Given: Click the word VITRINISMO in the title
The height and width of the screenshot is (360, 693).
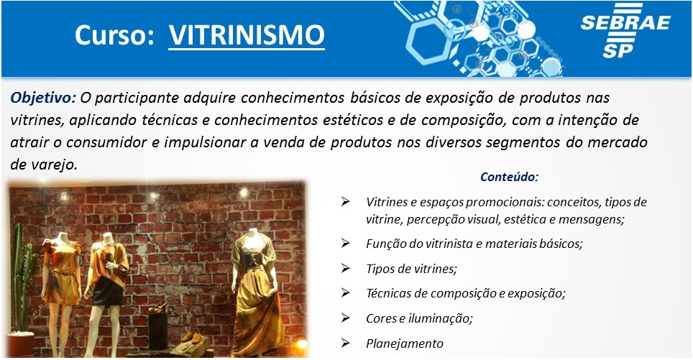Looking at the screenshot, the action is [x=247, y=35].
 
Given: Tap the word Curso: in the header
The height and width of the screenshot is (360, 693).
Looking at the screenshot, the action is [x=114, y=35].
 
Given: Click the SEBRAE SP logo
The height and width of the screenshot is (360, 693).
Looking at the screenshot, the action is [x=625, y=30].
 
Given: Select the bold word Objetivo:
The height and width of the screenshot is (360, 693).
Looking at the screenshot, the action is [x=43, y=98].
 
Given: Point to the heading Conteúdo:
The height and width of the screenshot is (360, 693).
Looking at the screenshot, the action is [x=509, y=177].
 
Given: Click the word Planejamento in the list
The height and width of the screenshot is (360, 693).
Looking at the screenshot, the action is [x=405, y=343].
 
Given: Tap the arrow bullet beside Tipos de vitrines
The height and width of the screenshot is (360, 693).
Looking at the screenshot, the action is [x=345, y=268].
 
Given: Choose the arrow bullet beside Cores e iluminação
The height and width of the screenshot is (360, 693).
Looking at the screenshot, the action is [x=345, y=318].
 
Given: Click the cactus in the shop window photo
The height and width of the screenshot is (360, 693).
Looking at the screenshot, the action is [x=24, y=278].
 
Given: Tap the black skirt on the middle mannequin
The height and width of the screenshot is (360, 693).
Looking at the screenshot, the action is [x=107, y=291].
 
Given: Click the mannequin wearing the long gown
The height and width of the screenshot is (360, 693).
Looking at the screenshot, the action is [x=255, y=292].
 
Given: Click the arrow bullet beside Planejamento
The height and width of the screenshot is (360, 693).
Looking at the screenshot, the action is [x=345, y=343].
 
